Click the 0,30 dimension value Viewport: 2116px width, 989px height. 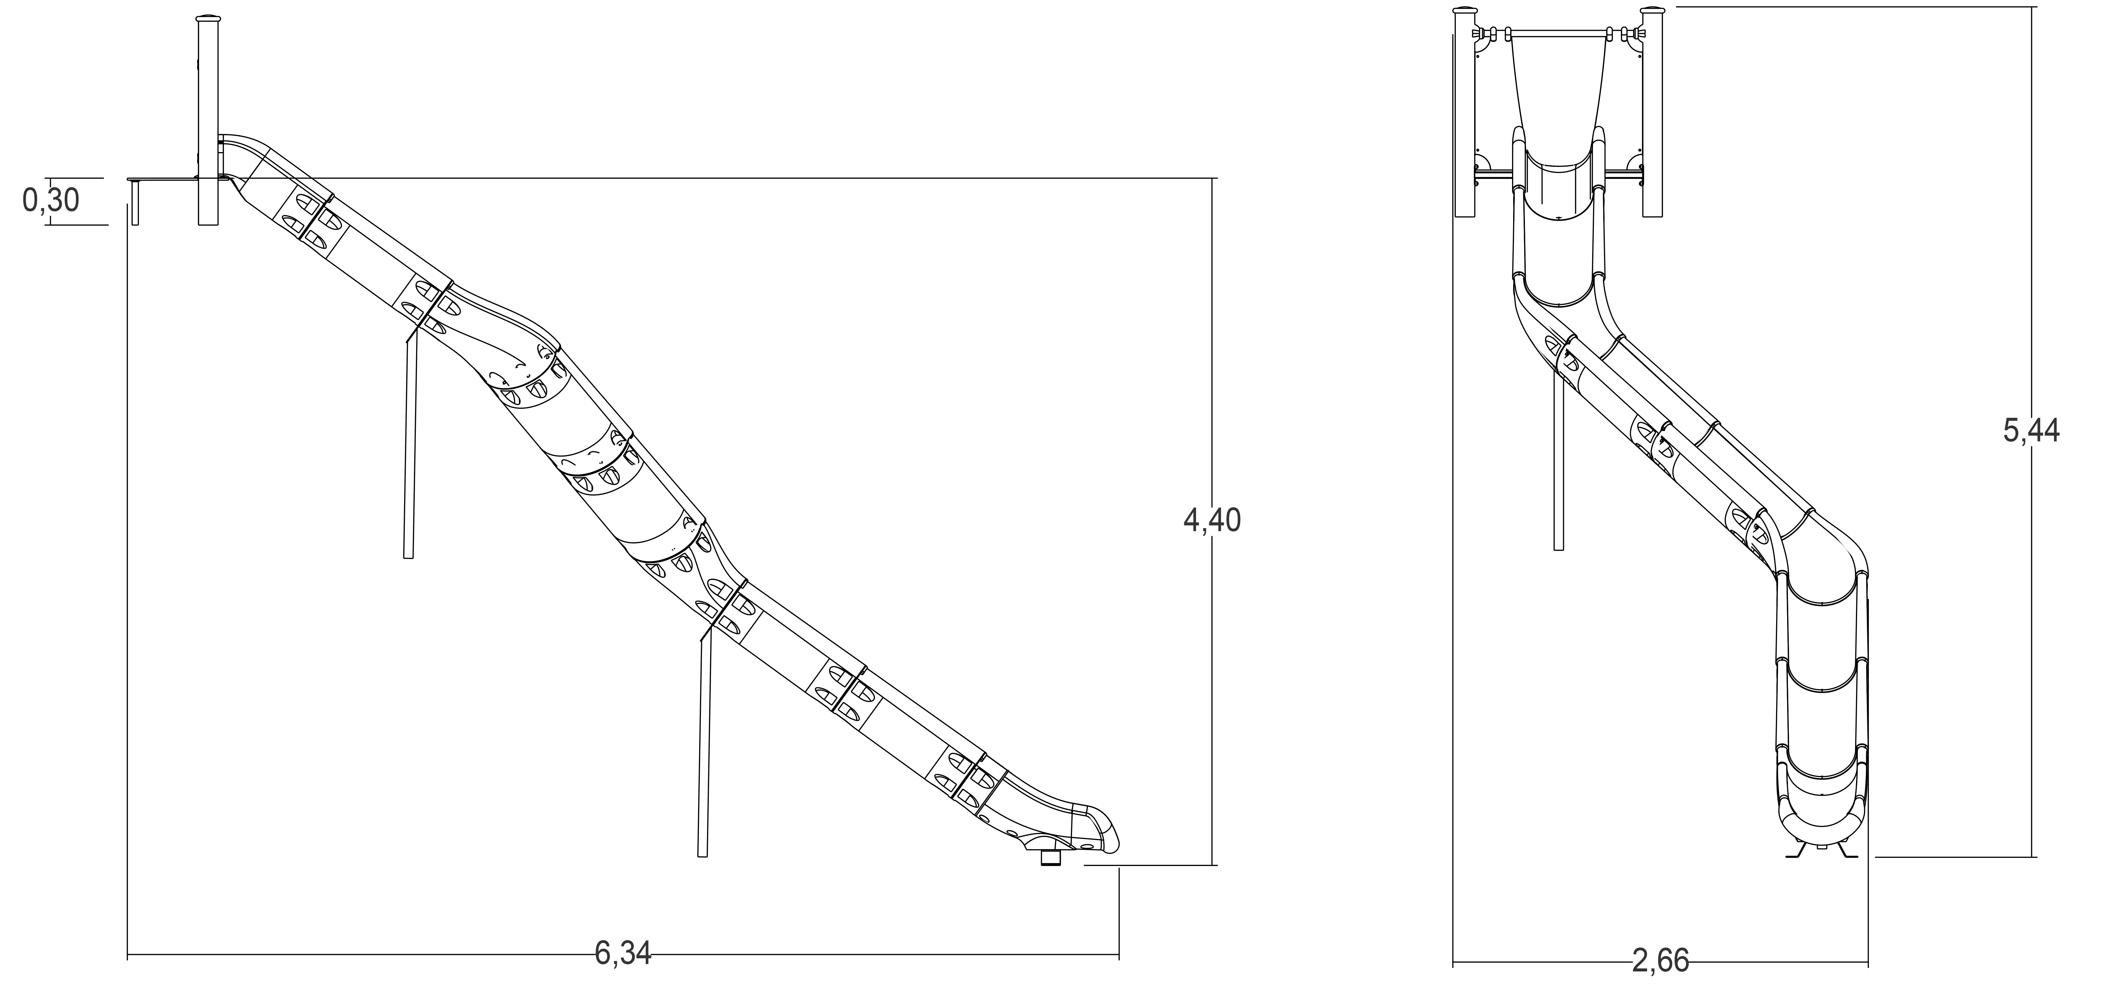[x=51, y=200]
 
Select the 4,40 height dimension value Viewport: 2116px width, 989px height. [x=1212, y=521]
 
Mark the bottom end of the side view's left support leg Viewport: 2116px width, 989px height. [x=408, y=557]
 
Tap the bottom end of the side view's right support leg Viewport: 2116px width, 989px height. [x=702, y=855]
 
